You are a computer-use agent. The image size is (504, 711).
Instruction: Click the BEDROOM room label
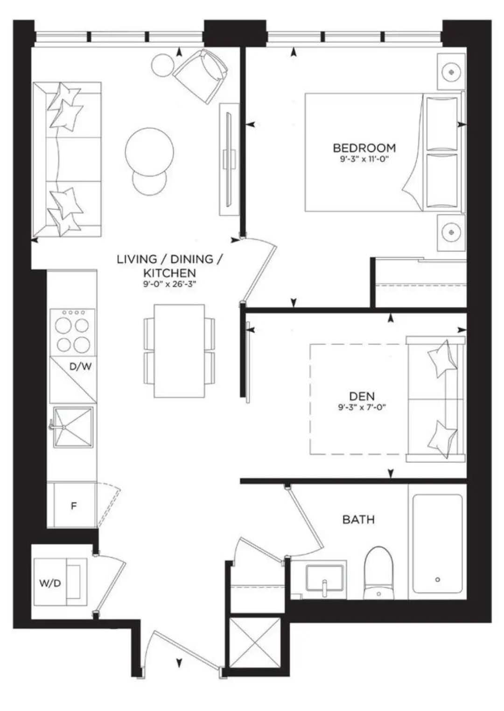pyautogui.click(x=364, y=148)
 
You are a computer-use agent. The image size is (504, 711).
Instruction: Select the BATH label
pyautogui.click(x=358, y=520)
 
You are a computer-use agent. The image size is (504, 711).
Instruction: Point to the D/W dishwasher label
pyautogui.click(x=80, y=367)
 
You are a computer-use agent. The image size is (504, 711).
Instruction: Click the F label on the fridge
pyautogui.click(x=73, y=506)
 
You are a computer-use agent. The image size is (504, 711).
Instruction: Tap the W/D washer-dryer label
pyautogui.click(x=50, y=583)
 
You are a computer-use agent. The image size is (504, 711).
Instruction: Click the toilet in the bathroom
pyautogui.click(x=378, y=573)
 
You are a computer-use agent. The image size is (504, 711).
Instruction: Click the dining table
pyautogui.click(x=179, y=351)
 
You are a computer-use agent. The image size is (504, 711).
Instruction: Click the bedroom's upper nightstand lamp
pyautogui.click(x=451, y=72)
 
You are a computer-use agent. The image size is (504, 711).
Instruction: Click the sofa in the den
pyautogui.click(x=436, y=399)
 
